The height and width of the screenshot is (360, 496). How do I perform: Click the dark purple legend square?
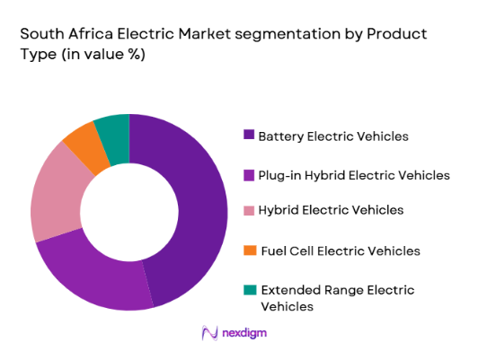(248, 136)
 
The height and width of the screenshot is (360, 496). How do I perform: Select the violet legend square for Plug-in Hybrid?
(248, 174)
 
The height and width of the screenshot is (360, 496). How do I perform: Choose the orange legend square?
(248, 250)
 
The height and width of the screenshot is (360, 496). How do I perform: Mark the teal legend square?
(248, 289)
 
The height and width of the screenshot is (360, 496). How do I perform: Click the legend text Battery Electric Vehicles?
(333, 136)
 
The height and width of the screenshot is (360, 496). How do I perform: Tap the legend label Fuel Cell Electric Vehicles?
(340, 250)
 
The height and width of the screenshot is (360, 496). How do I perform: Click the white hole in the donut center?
(128, 212)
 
